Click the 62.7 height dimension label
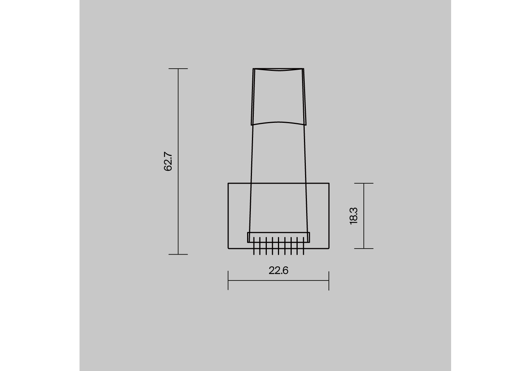[168, 161]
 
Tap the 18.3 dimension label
[353, 216]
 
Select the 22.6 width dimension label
[278, 270]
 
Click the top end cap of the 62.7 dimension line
[178, 69]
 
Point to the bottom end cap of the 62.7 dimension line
[178, 255]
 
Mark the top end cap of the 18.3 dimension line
[364, 183]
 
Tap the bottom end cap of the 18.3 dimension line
[364, 249]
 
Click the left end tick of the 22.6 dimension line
[228, 280]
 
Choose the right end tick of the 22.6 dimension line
[329, 280]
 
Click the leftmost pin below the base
[254, 246]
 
